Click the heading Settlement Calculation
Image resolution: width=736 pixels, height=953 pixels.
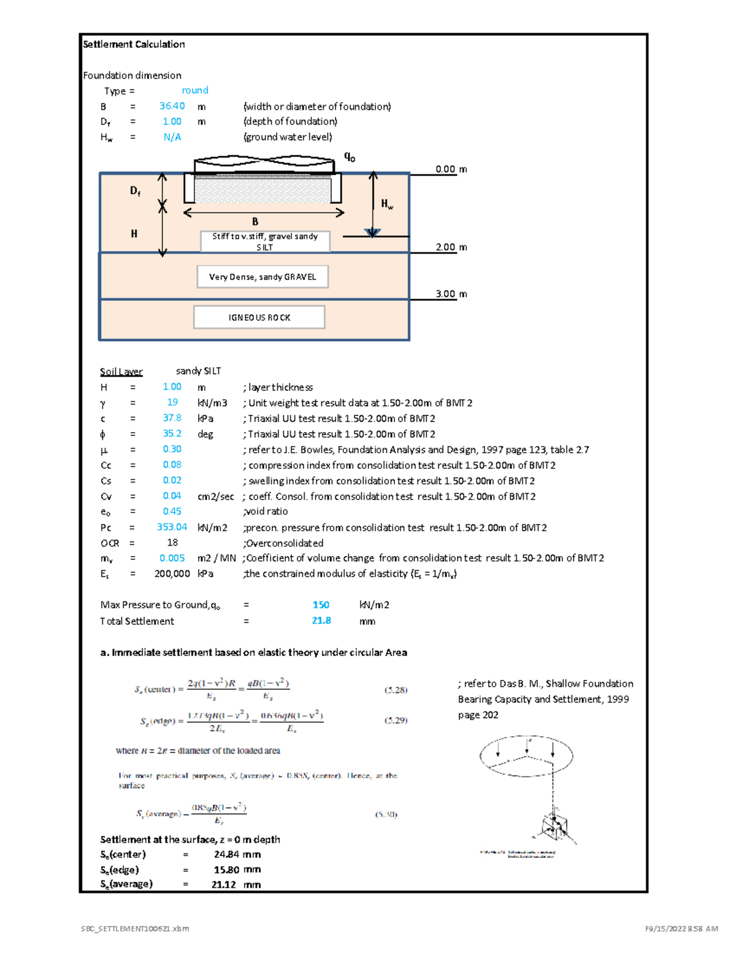pyautogui.click(x=134, y=44)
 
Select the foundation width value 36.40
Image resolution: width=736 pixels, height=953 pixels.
pyautogui.click(x=172, y=106)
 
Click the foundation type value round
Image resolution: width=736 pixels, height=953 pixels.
pyautogui.click(x=195, y=90)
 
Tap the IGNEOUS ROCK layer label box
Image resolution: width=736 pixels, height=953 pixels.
pyautogui.click(x=259, y=317)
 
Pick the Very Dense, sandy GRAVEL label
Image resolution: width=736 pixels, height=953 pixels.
pyautogui.click(x=263, y=277)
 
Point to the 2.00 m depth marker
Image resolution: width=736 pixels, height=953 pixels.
pyautogui.click(x=451, y=247)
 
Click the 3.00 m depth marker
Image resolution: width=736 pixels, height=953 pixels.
pyautogui.click(x=451, y=294)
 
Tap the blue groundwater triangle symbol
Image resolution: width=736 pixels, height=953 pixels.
pyautogui.click(x=372, y=233)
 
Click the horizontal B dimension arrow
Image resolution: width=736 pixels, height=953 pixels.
pyautogui.click(x=264, y=213)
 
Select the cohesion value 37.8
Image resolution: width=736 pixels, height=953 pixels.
pyautogui.click(x=172, y=418)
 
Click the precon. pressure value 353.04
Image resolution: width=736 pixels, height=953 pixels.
pyautogui.click(x=172, y=527)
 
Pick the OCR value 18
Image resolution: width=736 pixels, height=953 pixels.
pyautogui.click(x=172, y=542)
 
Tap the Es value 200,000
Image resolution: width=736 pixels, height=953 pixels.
pyautogui.click(x=172, y=573)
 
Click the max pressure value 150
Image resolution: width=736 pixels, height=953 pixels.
pyautogui.click(x=321, y=604)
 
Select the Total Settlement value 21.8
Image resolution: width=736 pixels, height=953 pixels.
pyautogui.click(x=321, y=620)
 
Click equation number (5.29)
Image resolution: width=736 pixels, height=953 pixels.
pyautogui.click(x=396, y=720)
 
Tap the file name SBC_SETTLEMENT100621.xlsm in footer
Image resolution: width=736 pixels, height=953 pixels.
pyautogui.click(x=135, y=928)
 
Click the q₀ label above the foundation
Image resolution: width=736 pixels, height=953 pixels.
pyautogui.click(x=350, y=157)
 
